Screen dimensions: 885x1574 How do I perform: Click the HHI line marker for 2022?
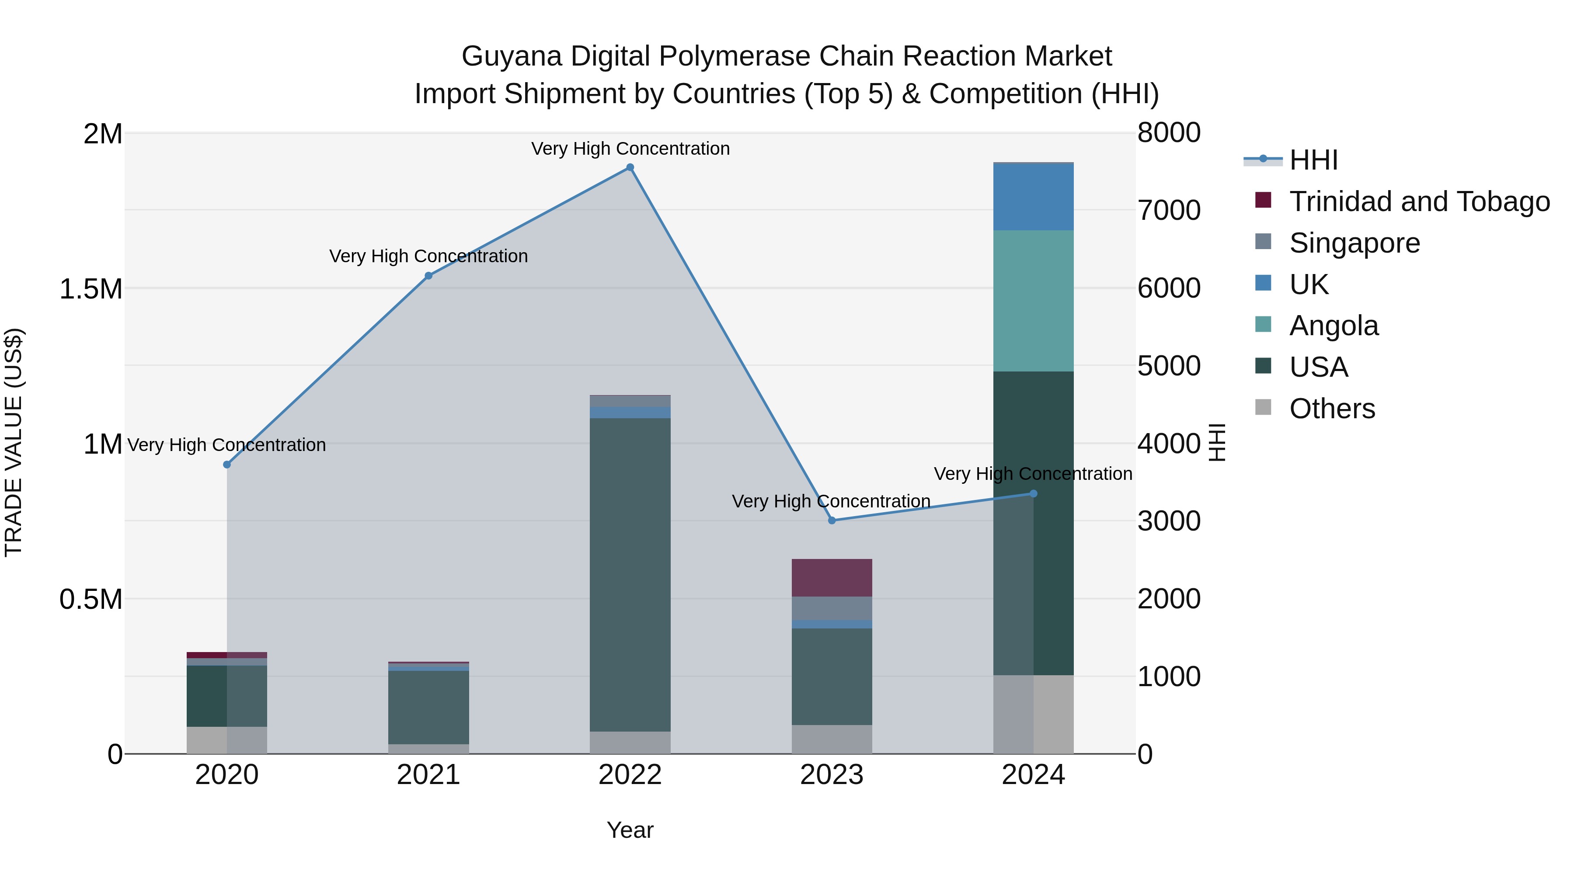630,167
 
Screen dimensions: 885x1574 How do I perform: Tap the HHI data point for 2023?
832,521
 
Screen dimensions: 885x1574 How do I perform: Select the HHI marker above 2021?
428,275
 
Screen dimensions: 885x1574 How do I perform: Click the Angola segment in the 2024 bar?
1033,301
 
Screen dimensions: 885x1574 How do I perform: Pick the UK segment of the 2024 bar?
1033,197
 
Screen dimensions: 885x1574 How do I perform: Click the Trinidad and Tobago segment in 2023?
832,577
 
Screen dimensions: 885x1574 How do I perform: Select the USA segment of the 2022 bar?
630,574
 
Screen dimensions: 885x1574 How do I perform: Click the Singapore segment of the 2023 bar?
832,608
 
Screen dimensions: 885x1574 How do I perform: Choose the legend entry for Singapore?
1354,243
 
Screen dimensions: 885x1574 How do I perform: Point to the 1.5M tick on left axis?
91,289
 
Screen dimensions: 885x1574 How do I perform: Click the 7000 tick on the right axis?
1168,210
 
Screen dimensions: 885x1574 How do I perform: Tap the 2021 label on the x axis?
428,775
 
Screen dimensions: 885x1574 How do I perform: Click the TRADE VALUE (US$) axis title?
14,442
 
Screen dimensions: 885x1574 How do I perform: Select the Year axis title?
630,830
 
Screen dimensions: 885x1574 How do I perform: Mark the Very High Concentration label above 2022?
630,149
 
